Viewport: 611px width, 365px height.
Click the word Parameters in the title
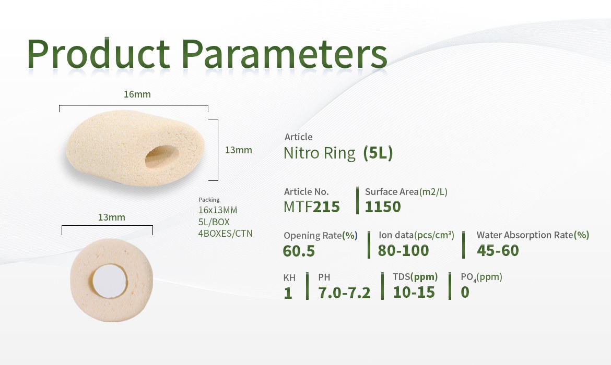point(284,54)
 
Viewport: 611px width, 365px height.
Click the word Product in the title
point(98,54)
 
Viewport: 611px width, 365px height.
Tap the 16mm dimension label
point(137,94)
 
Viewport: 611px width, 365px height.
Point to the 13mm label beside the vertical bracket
point(239,150)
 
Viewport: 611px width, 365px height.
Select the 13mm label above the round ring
point(111,217)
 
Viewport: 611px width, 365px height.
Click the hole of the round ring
point(110,281)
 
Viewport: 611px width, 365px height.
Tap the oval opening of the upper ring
point(162,157)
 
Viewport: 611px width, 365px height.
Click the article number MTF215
point(311,206)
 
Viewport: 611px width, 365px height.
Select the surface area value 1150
point(383,206)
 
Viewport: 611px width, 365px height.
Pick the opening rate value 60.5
point(299,251)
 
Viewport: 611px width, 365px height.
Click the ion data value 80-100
point(403,251)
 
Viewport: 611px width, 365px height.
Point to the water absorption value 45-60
point(498,251)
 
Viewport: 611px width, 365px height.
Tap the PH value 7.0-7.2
point(345,293)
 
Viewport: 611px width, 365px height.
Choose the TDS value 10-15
point(414,292)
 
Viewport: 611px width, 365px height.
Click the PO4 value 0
point(465,292)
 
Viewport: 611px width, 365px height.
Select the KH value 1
point(288,293)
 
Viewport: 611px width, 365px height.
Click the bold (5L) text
point(378,153)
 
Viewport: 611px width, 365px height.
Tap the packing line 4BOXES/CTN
point(225,234)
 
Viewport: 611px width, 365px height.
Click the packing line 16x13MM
point(217,210)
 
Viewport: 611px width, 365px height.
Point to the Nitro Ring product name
point(320,153)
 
